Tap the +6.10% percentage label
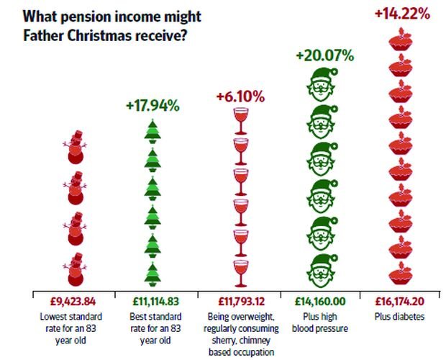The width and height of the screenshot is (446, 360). [240, 96]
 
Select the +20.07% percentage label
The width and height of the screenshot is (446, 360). [324, 56]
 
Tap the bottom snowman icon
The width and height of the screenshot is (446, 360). [73, 270]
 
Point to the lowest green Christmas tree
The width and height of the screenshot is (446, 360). [152, 271]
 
